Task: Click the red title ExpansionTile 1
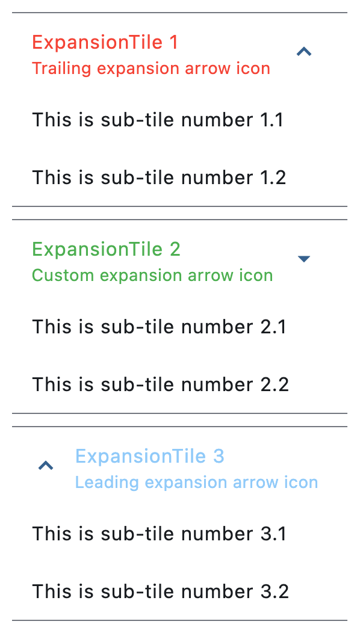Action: pyautogui.click(x=105, y=42)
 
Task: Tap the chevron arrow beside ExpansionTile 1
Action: pyautogui.click(x=304, y=51)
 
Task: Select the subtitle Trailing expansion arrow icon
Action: pyautogui.click(x=151, y=69)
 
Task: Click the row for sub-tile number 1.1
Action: pyautogui.click(x=158, y=120)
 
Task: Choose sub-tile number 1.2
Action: pyautogui.click(x=159, y=178)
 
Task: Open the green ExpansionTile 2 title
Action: pyautogui.click(x=107, y=250)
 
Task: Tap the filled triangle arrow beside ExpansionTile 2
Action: pyautogui.click(x=304, y=259)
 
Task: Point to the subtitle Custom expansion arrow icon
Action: pyautogui.click(x=153, y=276)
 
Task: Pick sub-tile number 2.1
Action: pyautogui.click(x=159, y=327)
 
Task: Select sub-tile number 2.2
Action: pyautogui.click(x=161, y=384)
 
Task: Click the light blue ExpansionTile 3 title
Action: pyautogui.click(x=149, y=457)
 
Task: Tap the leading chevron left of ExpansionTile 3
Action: pyautogui.click(x=46, y=466)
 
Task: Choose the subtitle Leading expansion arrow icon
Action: pyautogui.click(x=197, y=483)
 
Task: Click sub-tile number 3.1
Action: pyautogui.click(x=159, y=534)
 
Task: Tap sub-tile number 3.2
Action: pyautogui.click(x=161, y=592)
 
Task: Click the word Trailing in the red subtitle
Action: pyautogui.click(x=62, y=69)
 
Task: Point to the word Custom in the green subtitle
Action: pyautogui.click(x=63, y=276)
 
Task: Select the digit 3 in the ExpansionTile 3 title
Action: pyautogui.click(x=218, y=457)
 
